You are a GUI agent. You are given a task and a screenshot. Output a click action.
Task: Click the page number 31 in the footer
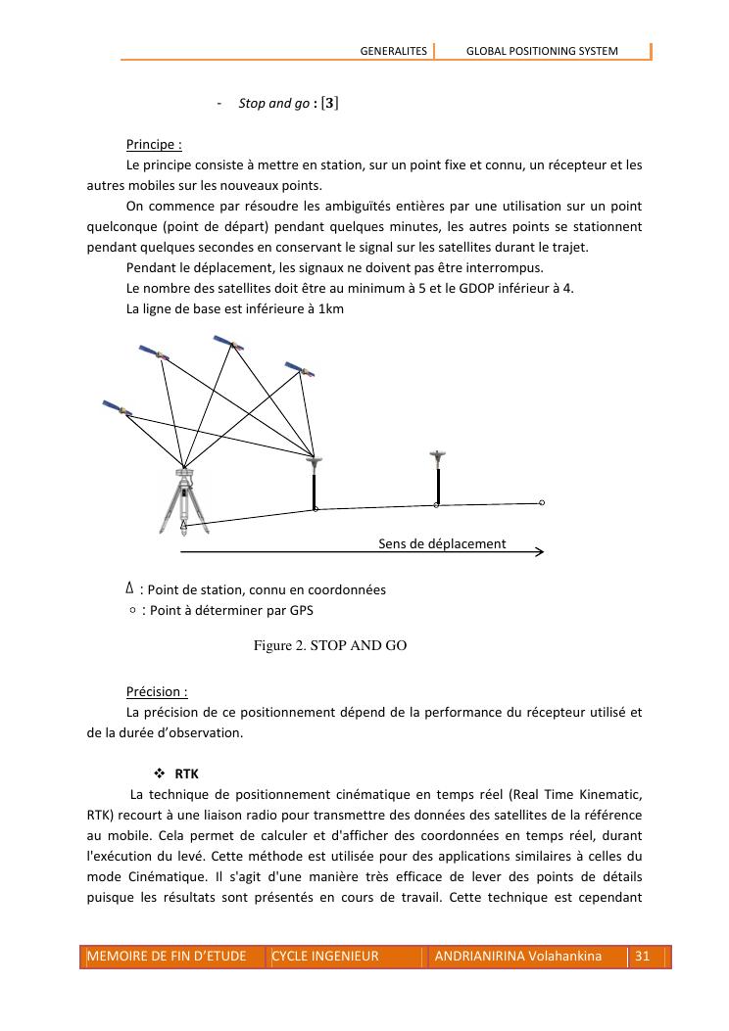[x=643, y=956]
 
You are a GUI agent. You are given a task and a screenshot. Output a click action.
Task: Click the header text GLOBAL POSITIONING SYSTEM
[x=542, y=51]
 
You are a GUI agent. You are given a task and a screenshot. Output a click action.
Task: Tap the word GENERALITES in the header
[x=394, y=51]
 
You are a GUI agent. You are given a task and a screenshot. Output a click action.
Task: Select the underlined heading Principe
[x=154, y=145]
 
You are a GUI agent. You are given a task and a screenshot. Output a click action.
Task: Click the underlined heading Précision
[x=157, y=692]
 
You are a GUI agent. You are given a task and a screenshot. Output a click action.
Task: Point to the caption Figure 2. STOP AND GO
[x=329, y=646]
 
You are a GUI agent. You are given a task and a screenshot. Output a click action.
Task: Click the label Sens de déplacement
[x=442, y=543]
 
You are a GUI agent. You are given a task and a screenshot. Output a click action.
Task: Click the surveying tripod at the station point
[x=183, y=499]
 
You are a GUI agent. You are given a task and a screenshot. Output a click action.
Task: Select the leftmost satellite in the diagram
[x=115, y=406]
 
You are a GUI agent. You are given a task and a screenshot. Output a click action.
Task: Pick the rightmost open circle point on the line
[x=542, y=502]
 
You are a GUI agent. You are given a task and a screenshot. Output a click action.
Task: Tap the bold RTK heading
[x=185, y=773]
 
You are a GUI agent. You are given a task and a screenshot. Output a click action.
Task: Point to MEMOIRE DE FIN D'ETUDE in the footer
[x=167, y=956]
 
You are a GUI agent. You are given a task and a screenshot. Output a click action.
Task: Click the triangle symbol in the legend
[x=130, y=588]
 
